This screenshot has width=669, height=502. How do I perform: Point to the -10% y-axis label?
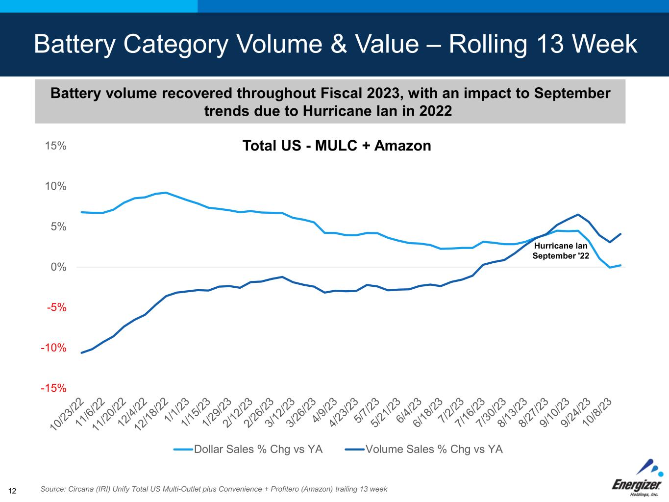click(53, 348)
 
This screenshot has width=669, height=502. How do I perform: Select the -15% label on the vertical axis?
click(53, 388)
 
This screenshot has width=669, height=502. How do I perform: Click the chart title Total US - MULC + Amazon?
click(337, 146)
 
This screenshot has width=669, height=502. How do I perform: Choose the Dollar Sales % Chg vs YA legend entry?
click(248, 449)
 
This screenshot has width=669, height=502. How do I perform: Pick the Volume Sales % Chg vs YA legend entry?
click(424, 449)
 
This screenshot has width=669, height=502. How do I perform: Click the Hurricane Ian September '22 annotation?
click(561, 251)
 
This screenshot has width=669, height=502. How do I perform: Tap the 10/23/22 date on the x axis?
click(68, 414)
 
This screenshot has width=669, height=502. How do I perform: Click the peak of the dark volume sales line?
click(578, 214)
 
